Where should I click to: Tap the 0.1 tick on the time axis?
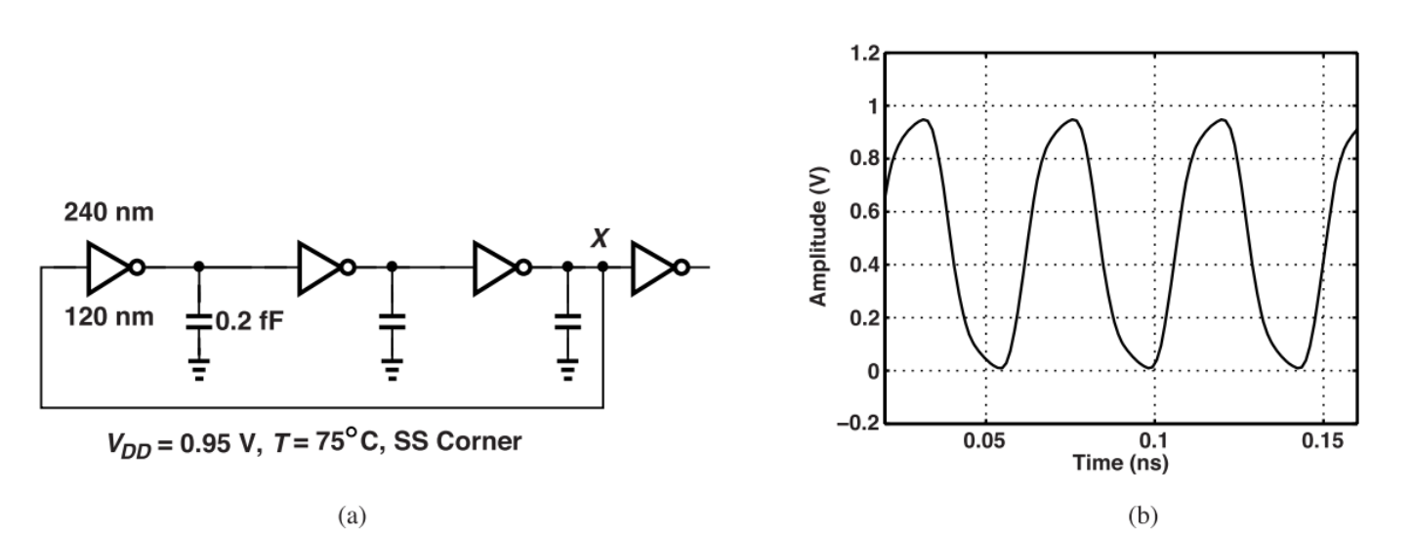1154,441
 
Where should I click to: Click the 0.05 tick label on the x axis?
985,441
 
